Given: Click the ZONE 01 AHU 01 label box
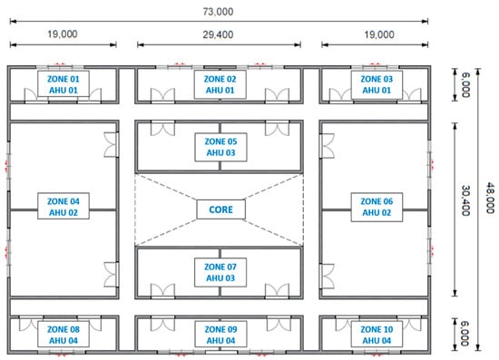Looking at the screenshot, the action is pos(64,84).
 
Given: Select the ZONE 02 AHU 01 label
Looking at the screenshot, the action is pos(220,84).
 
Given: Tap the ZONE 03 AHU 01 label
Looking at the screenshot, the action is pos(377,84).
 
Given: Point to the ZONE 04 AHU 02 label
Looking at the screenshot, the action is pos(64,206).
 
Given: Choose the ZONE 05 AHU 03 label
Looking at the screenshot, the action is pos(220,147).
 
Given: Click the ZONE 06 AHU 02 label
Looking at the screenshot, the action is pos(377,207).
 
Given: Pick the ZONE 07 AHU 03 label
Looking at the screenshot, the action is pos(220,272).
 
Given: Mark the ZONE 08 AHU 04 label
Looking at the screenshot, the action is pos(64,335).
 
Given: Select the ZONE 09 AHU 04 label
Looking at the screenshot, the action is pos(220,335).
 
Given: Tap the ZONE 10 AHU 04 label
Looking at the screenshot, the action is pos(377,335).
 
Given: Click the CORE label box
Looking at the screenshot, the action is pos(220,209).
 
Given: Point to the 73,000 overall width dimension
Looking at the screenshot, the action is pos(219,12).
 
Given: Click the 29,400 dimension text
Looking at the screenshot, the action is pos(219,34).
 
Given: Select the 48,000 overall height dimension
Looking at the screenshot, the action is pos(491,198).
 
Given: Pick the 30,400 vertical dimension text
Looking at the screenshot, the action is pos(465,200).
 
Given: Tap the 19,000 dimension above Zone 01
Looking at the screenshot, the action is pos(63,34).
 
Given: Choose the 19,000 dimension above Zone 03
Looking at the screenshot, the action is pos(379,34).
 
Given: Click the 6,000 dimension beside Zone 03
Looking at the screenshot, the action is pos(465,85).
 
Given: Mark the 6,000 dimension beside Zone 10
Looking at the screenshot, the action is pos(465,334).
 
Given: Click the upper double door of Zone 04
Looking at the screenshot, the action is pos(112,145).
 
